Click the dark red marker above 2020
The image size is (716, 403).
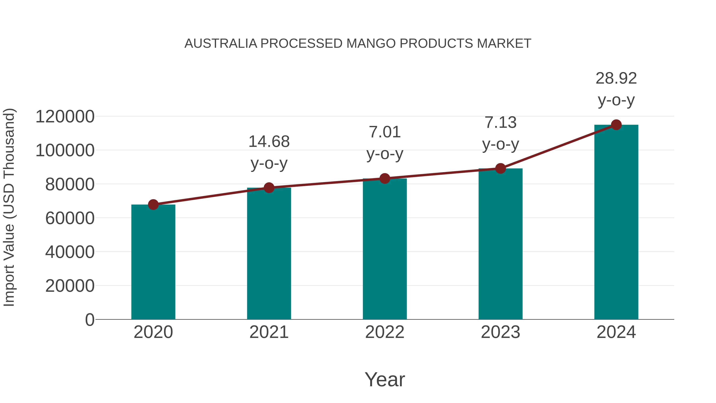153,205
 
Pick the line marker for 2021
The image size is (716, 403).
269,188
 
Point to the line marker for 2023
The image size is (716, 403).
500,168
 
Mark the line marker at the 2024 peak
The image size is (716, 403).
616,125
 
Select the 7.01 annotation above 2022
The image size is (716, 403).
385,132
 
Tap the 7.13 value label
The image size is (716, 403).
500,123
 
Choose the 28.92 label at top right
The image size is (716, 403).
616,78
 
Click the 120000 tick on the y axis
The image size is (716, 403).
65,117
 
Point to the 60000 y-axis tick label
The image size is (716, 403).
70,218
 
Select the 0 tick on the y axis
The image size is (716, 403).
89,320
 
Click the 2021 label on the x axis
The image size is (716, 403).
269,332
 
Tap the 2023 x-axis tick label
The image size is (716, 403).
500,332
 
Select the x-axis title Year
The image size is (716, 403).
385,379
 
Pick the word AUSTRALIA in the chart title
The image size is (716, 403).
221,44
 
